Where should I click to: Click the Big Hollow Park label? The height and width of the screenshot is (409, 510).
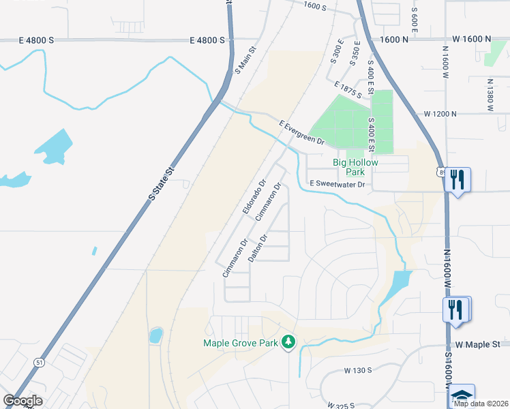(x=355, y=167)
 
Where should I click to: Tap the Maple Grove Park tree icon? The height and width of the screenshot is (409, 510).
(x=289, y=341)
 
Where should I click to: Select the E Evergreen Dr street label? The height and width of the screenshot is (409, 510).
(x=301, y=132)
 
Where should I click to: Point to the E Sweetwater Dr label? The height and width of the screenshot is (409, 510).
(x=337, y=184)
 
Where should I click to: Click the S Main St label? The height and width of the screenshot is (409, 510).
(x=244, y=60)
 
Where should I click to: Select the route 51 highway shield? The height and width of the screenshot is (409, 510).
(x=40, y=363)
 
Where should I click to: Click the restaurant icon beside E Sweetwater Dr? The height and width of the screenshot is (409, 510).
(x=457, y=180)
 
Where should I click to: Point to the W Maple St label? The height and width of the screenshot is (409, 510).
(x=478, y=345)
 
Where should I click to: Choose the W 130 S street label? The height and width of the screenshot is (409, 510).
(x=357, y=370)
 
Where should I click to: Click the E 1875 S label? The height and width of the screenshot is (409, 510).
(x=349, y=89)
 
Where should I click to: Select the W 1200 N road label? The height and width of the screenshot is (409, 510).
(x=440, y=113)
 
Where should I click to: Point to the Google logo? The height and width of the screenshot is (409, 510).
(x=22, y=401)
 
